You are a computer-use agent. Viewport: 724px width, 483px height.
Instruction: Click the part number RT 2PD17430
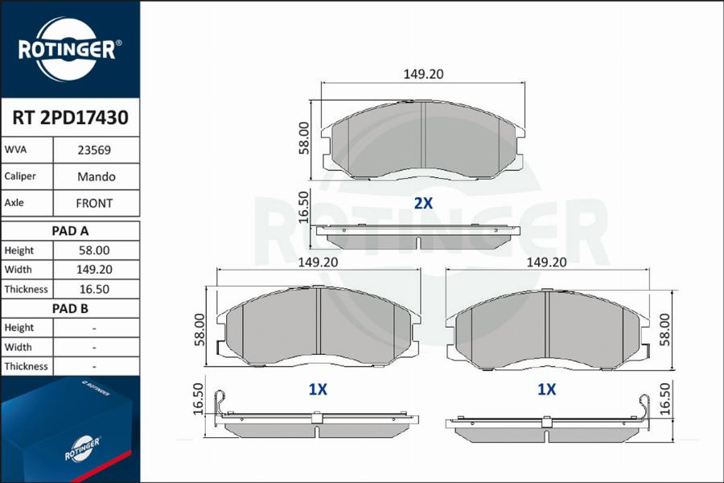point(70,118)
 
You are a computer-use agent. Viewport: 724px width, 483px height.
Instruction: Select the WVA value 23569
point(94,151)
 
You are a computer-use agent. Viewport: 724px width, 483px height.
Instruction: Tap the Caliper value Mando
point(96,176)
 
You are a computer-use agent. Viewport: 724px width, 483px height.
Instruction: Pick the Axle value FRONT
point(94,204)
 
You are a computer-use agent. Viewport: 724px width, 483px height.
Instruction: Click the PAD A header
point(70,231)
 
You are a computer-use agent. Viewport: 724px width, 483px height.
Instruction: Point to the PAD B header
point(70,308)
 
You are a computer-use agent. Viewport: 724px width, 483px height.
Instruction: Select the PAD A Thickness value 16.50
point(94,289)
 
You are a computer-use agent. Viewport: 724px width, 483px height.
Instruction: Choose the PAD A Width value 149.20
point(94,270)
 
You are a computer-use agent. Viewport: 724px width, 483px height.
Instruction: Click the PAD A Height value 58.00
point(94,250)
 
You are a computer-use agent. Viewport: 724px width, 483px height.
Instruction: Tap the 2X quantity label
point(423,203)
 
